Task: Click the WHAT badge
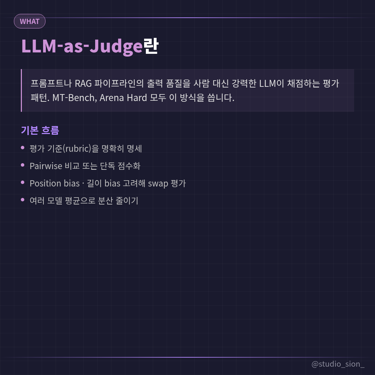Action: click(x=30, y=21)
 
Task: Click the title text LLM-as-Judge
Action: click(x=82, y=46)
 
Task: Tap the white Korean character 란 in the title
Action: click(x=151, y=46)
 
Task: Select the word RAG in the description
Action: click(x=83, y=83)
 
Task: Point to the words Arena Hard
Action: click(x=123, y=98)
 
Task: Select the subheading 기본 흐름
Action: click(x=40, y=130)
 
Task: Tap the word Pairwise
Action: click(x=46, y=166)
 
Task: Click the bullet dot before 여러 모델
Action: click(x=23, y=200)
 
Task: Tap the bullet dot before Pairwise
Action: click(x=23, y=165)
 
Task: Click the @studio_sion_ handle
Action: click(x=338, y=364)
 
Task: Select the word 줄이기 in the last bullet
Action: click(x=127, y=201)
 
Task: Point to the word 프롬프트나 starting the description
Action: click(x=51, y=83)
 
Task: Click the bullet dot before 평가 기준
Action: click(x=23, y=148)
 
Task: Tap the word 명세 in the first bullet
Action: click(x=134, y=149)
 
